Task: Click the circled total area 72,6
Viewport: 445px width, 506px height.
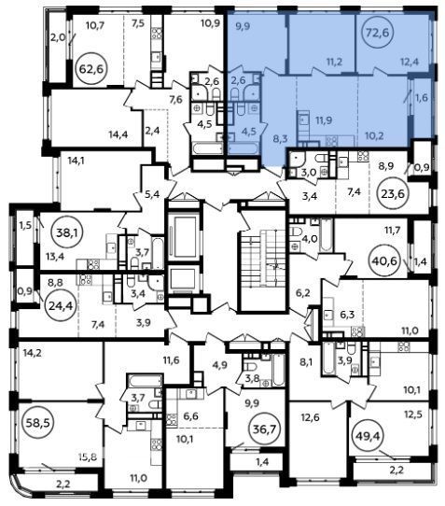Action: click(x=379, y=32)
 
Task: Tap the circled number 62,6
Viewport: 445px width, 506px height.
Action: click(x=92, y=69)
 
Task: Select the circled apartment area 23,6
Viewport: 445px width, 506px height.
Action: click(x=394, y=193)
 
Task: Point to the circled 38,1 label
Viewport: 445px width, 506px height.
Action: click(x=68, y=232)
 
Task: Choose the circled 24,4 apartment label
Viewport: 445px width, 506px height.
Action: click(x=61, y=305)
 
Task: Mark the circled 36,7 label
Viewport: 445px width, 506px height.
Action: click(x=264, y=429)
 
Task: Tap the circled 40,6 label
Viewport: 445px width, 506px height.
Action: click(x=383, y=260)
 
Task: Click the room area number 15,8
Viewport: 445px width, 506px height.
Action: click(x=88, y=457)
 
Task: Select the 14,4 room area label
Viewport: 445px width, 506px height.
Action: click(x=118, y=134)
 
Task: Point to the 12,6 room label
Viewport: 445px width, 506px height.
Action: click(x=311, y=417)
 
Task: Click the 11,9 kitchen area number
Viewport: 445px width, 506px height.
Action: click(x=324, y=120)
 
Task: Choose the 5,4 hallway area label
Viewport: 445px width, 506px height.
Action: click(x=152, y=194)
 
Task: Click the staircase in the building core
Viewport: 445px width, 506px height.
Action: click(x=262, y=257)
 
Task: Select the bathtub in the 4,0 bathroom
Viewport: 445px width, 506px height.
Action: click(x=326, y=235)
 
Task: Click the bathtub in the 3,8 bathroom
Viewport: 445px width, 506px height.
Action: click(x=279, y=370)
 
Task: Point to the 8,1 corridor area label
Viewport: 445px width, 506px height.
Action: click(x=307, y=361)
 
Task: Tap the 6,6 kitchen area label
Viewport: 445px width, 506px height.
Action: click(x=190, y=416)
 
